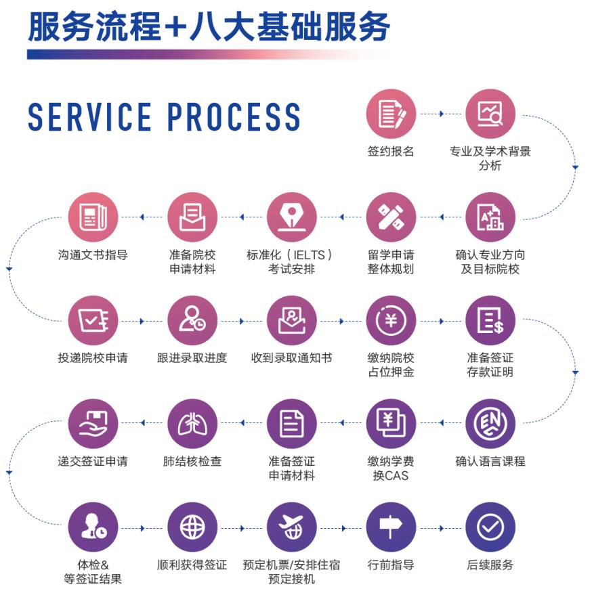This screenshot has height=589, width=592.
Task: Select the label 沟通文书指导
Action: click(x=93, y=255)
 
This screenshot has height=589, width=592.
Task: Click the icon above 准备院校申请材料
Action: click(x=192, y=217)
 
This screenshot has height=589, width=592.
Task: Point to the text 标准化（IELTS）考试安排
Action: click(x=291, y=262)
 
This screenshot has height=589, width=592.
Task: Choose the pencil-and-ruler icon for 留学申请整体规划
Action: click(x=391, y=217)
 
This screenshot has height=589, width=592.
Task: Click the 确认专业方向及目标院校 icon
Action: click(x=490, y=217)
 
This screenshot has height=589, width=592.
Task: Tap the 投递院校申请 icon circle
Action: click(x=93, y=320)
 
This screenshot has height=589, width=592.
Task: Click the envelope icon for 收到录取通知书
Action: click(x=291, y=320)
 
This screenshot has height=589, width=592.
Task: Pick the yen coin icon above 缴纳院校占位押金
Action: click(x=391, y=320)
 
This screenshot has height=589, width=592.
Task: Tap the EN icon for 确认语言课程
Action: click(x=490, y=423)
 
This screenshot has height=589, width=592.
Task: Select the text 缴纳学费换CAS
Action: click(x=391, y=468)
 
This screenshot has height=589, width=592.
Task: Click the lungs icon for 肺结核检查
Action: click(x=192, y=423)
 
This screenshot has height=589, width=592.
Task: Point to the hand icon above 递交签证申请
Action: click(x=93, y=423)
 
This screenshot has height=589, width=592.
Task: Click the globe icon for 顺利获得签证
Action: click(x=192, y=526)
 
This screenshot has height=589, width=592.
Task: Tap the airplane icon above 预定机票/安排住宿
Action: click(x=291, y=526)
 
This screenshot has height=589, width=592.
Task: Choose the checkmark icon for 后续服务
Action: click(x=490, y=526)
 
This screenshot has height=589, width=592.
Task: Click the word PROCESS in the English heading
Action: click(x=234, y=117)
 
